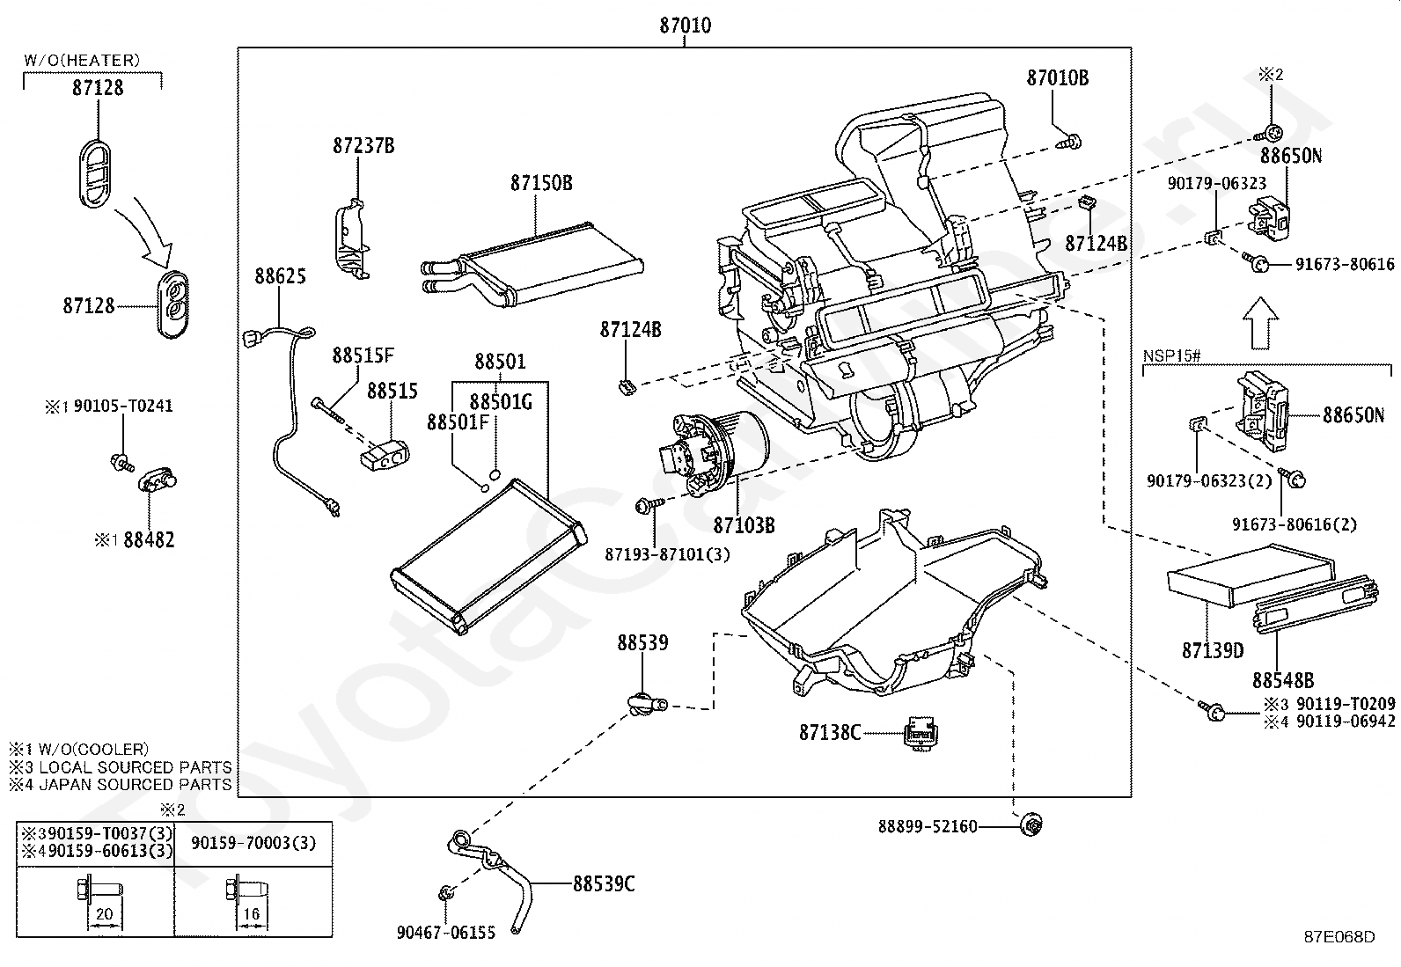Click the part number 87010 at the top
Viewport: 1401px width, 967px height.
pyautogui.click(x=685, y=25)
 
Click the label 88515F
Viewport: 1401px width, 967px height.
pyautogui.click(x=363, y=355)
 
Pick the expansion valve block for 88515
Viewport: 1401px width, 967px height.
pyautogui.click(x=384, y=456)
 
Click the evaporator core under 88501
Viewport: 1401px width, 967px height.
pyautogui.click(x=488, y=557)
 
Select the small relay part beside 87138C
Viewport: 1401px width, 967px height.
pyautogui.click(x=921, y=732)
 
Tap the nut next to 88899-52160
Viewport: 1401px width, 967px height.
pyautogui.click(x=1031, y=824)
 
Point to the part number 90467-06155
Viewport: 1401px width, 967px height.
pyautogui.click(x=446, y=932)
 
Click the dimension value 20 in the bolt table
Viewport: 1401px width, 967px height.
pyautogui.click(x=104, y=913)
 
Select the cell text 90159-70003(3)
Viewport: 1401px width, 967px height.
pyautogui.click(x=253, y=843)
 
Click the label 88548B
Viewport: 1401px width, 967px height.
pyautogui.click(x=1282, y=680)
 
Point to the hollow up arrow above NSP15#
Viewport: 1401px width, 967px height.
pyautogui.click(x=1261, y=323)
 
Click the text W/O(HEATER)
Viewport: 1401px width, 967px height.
pyautogui.click(x=82, y=60)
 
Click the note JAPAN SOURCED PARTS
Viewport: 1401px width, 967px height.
pyautogui.click(x=136, y=784)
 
